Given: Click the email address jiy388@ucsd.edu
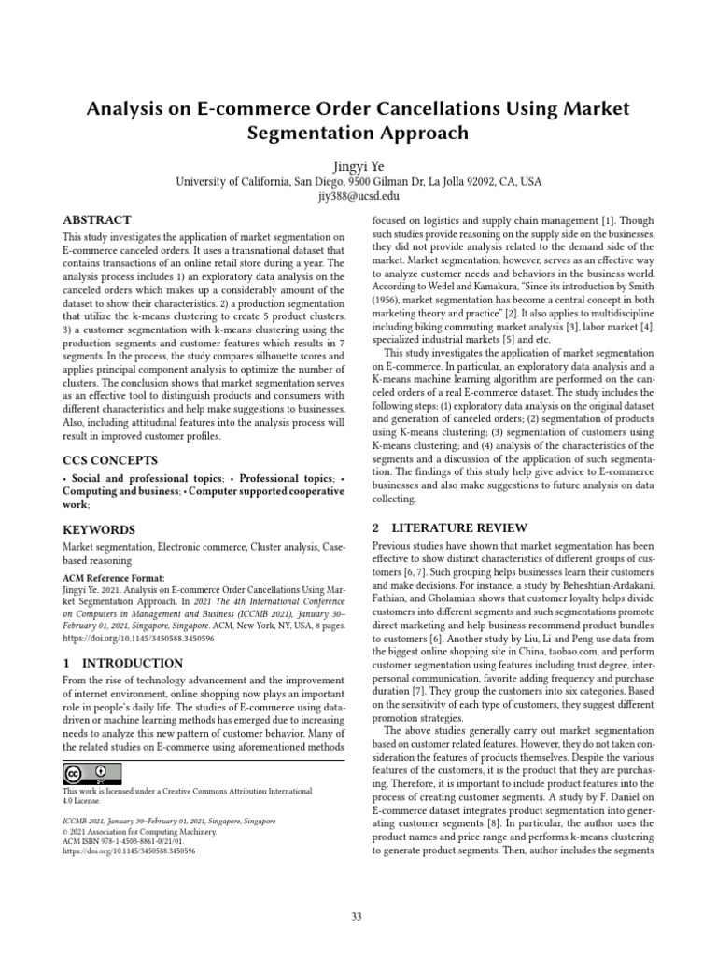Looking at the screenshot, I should (358, 196).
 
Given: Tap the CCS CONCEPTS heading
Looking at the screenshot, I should (110, 460).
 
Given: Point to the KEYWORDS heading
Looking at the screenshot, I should (99, 528).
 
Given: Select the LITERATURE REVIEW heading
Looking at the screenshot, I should (450, 527).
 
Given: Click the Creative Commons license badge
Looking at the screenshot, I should (92, 774).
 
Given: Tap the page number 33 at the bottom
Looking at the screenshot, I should (357, 917).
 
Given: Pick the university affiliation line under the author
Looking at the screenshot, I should (358, 180).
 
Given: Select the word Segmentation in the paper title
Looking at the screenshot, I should (306, 134).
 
